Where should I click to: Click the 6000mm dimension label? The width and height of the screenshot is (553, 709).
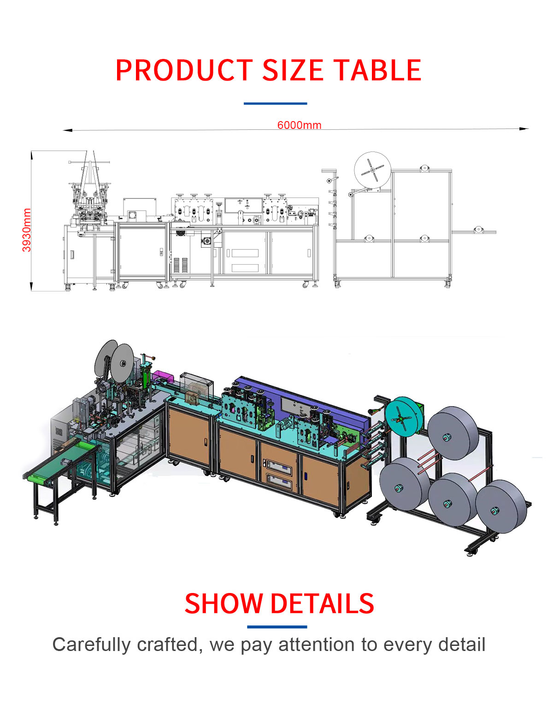299,125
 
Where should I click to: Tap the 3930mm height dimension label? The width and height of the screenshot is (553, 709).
27,230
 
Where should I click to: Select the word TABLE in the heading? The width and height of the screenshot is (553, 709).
378,70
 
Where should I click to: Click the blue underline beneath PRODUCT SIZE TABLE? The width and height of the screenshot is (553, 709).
275,104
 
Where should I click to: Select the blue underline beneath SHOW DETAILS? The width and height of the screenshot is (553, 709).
277,627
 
